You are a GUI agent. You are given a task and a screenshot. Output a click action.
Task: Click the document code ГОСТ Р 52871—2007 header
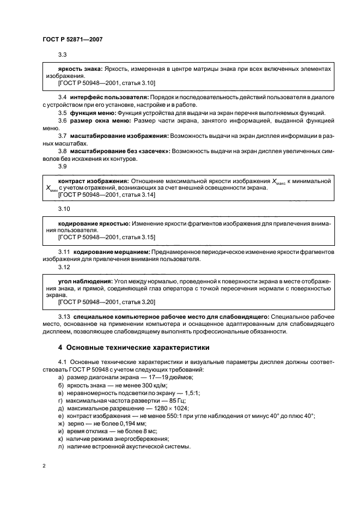(x=72, y=39)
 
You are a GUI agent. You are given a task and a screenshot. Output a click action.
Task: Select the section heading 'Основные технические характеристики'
(x=131, y=347)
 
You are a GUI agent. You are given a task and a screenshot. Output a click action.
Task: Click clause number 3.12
(x=64, y=267)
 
